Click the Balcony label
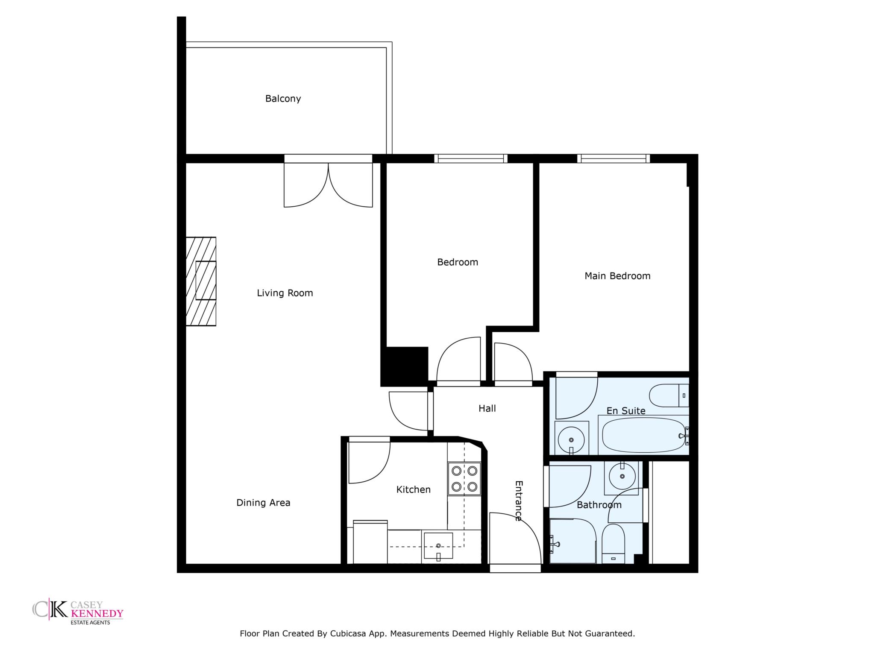[283, 99]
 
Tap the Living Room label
[285, 293]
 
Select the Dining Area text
[263, 503]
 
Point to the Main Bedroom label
[617, 276]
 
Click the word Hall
[487, 409]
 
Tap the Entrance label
[519, 501]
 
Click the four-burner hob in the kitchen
[464, 479]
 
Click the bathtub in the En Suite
[643, 435]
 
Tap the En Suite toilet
[669, 395]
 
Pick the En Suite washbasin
[571, 438]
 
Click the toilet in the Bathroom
[613, 544]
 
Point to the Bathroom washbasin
[622, 475]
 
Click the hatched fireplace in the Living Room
[201, 281]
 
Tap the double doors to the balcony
[328, 184]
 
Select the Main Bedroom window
[614, 158]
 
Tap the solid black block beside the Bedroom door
[405, 366]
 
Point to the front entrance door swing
[515, 538]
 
